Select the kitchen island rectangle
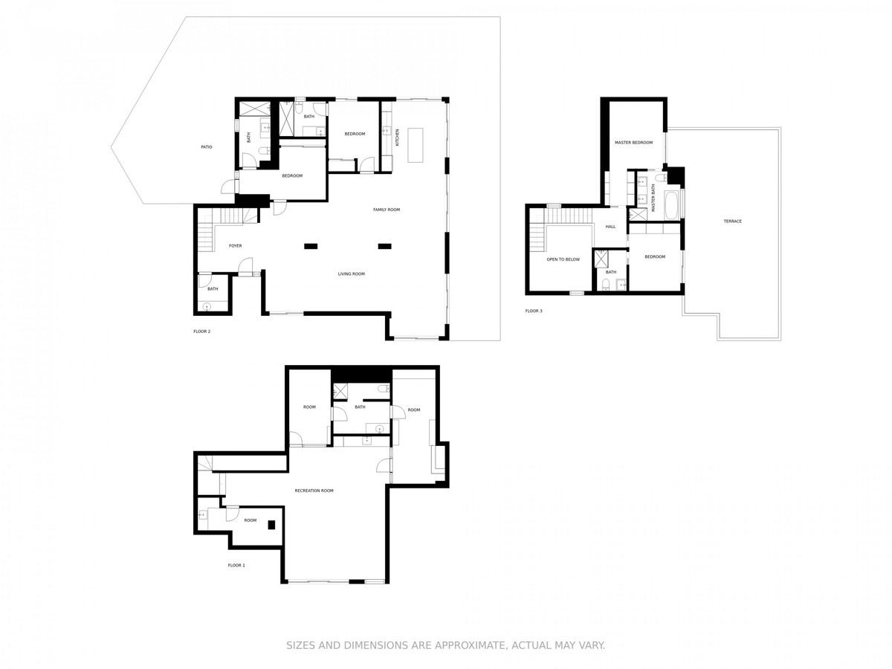pyautogui.click(x=416, y=145)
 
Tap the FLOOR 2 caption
pyautogui.click(x=201, y=332)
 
